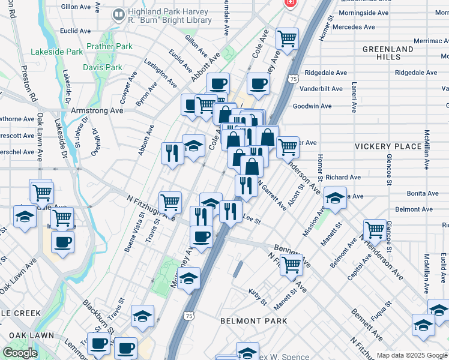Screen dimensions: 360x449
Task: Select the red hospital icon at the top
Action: click(291, 3)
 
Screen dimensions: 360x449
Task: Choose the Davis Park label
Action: click(106, 67)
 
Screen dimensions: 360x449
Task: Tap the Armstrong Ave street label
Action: click(97, 110)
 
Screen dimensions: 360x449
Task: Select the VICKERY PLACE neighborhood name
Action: click(388, 146)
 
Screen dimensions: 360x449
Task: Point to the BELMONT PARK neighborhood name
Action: click(253, 321)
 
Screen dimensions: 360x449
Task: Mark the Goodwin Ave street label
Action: click(312, 106)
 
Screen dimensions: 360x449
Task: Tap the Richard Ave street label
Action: click(343, 178)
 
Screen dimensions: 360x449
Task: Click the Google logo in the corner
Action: click(20, 353)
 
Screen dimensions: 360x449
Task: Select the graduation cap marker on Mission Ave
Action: click(335, 198)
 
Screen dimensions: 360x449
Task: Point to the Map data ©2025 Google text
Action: click(411, 355)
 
